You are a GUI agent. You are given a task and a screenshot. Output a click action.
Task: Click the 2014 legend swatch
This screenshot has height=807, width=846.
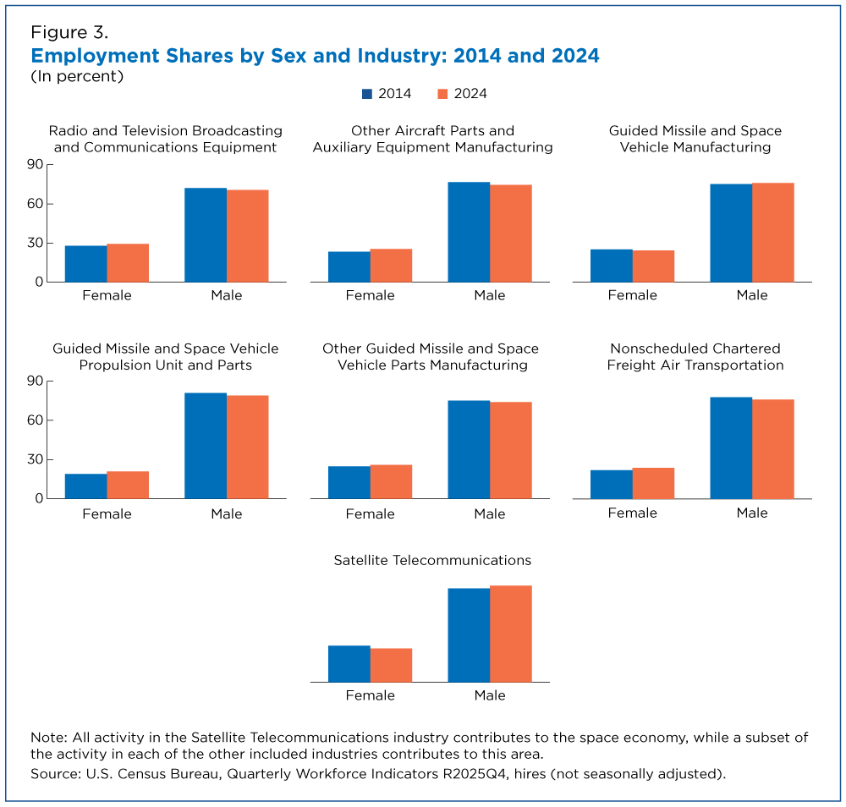[367, 94]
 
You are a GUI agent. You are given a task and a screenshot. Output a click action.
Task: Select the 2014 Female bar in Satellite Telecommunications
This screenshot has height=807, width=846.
[349, 664]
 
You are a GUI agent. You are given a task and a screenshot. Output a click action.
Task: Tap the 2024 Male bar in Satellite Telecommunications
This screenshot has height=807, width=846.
[511, 634]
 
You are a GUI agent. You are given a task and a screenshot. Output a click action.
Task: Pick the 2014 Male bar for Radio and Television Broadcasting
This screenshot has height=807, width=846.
[206, 235]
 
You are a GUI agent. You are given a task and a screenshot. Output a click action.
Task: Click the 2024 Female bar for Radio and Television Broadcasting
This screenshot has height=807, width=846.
[128, 263]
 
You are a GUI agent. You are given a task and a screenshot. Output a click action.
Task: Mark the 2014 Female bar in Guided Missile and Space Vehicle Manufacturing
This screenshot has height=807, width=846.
[612, 266]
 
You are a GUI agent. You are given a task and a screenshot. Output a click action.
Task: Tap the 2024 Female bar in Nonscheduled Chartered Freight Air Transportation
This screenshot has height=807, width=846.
[653, 483]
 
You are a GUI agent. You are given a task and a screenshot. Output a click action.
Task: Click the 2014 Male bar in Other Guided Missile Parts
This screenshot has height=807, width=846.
[469, 449]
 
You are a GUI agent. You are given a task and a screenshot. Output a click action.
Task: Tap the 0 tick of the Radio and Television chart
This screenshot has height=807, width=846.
[39, 283]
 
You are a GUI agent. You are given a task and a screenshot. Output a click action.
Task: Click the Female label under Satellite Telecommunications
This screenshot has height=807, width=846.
[371, 695]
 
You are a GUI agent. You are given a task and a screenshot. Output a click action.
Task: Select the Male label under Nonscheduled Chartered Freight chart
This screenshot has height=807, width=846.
[752, 513]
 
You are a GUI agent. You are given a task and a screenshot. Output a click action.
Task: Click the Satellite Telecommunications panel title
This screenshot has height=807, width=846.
[432, 560]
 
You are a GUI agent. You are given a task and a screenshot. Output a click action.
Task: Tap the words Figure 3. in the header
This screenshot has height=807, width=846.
[69, 34]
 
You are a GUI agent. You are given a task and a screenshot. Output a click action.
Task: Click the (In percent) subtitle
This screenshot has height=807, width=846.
[77, 76]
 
